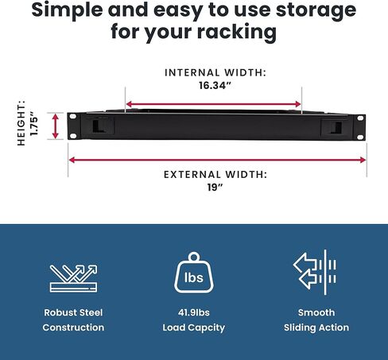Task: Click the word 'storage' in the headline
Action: click(316, 10)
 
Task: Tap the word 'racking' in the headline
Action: click(237, 32)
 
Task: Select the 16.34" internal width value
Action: click(215, 85)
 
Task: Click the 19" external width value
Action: click(215, 188)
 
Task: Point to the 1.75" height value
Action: click(34, 123)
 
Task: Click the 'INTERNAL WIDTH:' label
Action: click(215, 72)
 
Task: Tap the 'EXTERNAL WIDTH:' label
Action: click(215, 175)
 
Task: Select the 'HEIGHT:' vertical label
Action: click(21, 123)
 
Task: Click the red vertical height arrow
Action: click(55, 126)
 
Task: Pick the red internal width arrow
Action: click(214, 104)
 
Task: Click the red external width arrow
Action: click(217, 160)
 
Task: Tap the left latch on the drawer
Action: click(98, 126)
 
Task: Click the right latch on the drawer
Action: click(336, 128)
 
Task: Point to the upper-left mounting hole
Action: click(73, 116)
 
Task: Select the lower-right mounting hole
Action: click(360, 137)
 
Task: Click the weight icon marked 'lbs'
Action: click(194, 273)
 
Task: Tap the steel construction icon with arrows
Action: click(73, 278)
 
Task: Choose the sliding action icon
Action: click(316, 273)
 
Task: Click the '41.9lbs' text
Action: click(194, 312)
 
